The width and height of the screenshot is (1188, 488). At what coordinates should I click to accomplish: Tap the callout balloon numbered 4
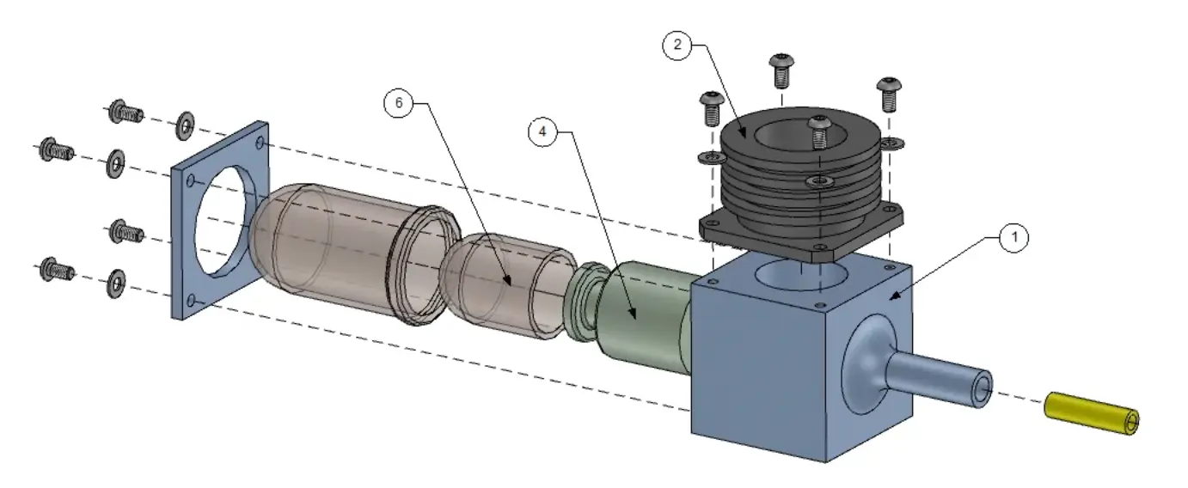coord(543,132)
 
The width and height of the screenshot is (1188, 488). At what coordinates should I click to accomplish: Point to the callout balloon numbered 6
coord(398,103)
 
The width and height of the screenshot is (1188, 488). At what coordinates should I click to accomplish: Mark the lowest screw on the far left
coord(56,271)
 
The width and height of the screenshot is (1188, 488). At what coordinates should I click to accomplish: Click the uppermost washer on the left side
coord(184,125)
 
